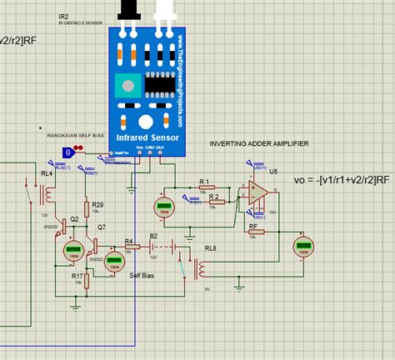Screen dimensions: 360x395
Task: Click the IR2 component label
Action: pos(64,16)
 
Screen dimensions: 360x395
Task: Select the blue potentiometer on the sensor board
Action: pos(127,83)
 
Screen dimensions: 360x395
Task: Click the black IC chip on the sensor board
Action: pos(157,84)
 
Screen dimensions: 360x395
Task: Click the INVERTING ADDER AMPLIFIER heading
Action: pos(258,143)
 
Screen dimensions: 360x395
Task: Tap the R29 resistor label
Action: pos(97,204)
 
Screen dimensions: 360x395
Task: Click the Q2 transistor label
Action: pos(74,218)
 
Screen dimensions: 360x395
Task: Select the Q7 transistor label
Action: pos(101,227)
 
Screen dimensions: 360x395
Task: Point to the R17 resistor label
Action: pos(76,275)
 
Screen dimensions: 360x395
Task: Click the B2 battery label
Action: pos(153,236)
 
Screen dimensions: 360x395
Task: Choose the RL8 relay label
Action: pos(210,247)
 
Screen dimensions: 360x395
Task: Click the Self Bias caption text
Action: pos(141,274)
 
